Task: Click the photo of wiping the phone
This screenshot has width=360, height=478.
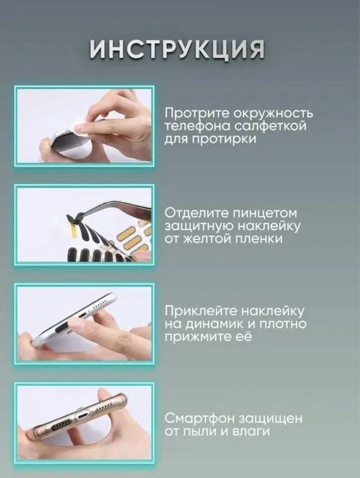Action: point(84,125)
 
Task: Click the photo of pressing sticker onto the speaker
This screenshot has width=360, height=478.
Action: point(84,323)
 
